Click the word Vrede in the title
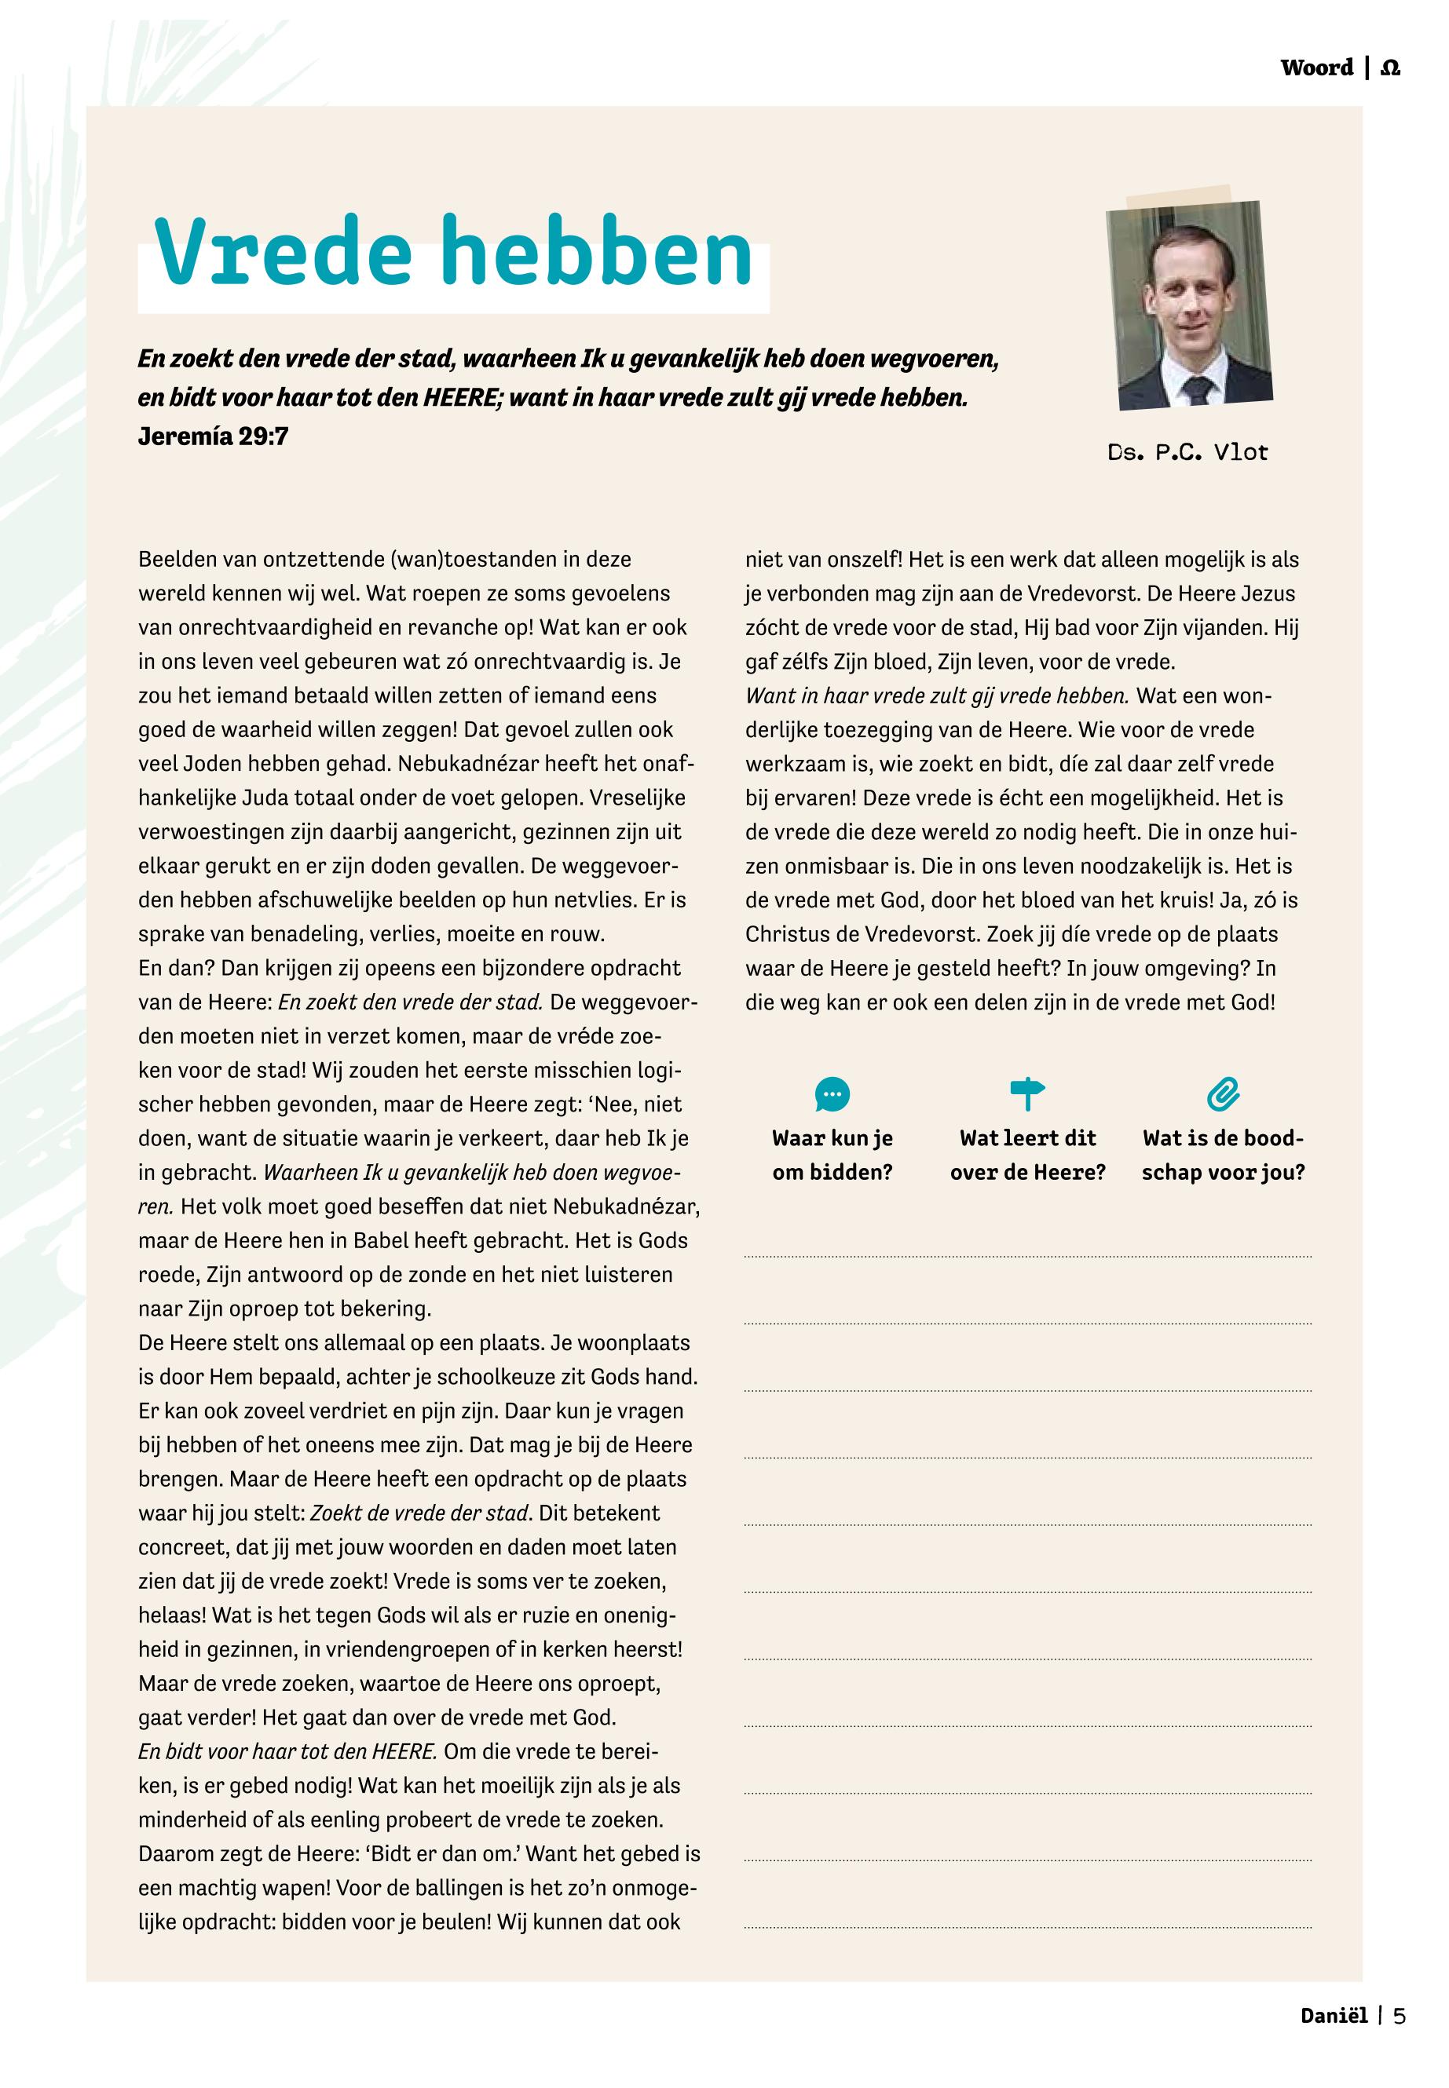pos(284,251)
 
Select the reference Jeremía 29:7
pos(214,436)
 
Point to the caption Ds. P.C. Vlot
pos(1187,452)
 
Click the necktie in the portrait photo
pos(1198,390)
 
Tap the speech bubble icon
pos(832,1094)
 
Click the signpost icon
pos(1028,1093)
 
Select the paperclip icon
pos(1223,1094)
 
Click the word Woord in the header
pos(1316,68)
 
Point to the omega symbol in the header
pos(1390,68)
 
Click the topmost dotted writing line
pos(1028,1257)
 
